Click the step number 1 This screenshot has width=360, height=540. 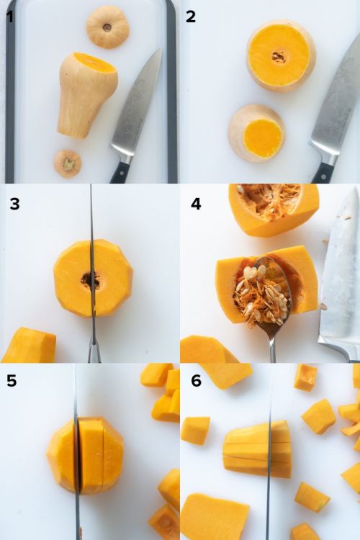[10, 16]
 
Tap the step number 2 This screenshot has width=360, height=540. [191, 16]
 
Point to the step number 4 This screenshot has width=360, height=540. [196, 204]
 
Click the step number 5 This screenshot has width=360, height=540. [12, 381]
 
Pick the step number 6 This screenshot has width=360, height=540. [196, 381]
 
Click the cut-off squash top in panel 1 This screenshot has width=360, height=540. [108, 27]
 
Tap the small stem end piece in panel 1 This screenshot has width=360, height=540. [68, 163]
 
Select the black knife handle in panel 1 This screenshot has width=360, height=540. [120, 171]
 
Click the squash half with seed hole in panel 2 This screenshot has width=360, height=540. [281, 55]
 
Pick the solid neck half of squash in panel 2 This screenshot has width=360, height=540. [257, 134]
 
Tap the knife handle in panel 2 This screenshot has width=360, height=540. [323, 170]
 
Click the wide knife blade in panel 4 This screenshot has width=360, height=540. [340, 274]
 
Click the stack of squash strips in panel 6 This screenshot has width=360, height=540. [258, 450]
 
